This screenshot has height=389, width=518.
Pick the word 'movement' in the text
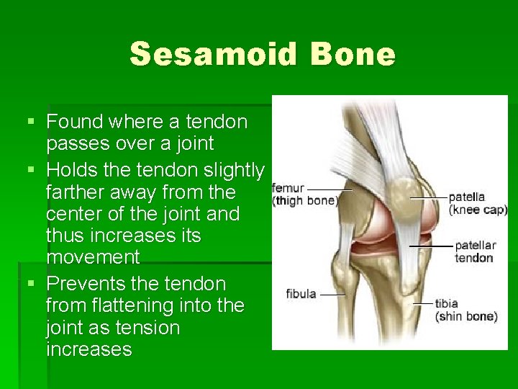pyautogui.click(x=93, y=257)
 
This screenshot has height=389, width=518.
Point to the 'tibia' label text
pyautogui.click(x=446, y=304)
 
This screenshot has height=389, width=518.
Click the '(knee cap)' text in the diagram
pyautogui.click(x=478, y=210)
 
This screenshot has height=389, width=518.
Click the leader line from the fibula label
pyautogui.click(x=332, y=294)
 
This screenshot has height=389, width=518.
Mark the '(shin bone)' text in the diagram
pyautogui.click(x=465, y=316)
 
